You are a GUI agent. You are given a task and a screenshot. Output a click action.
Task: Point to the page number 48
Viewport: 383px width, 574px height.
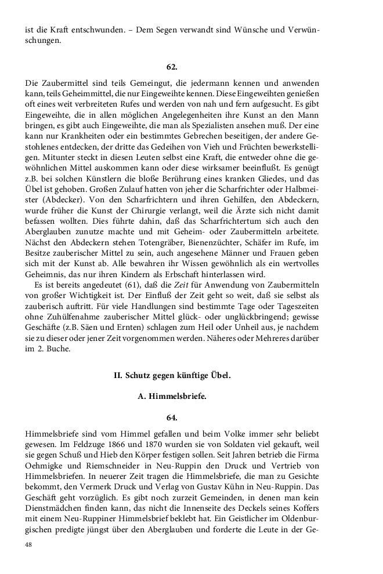30,545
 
